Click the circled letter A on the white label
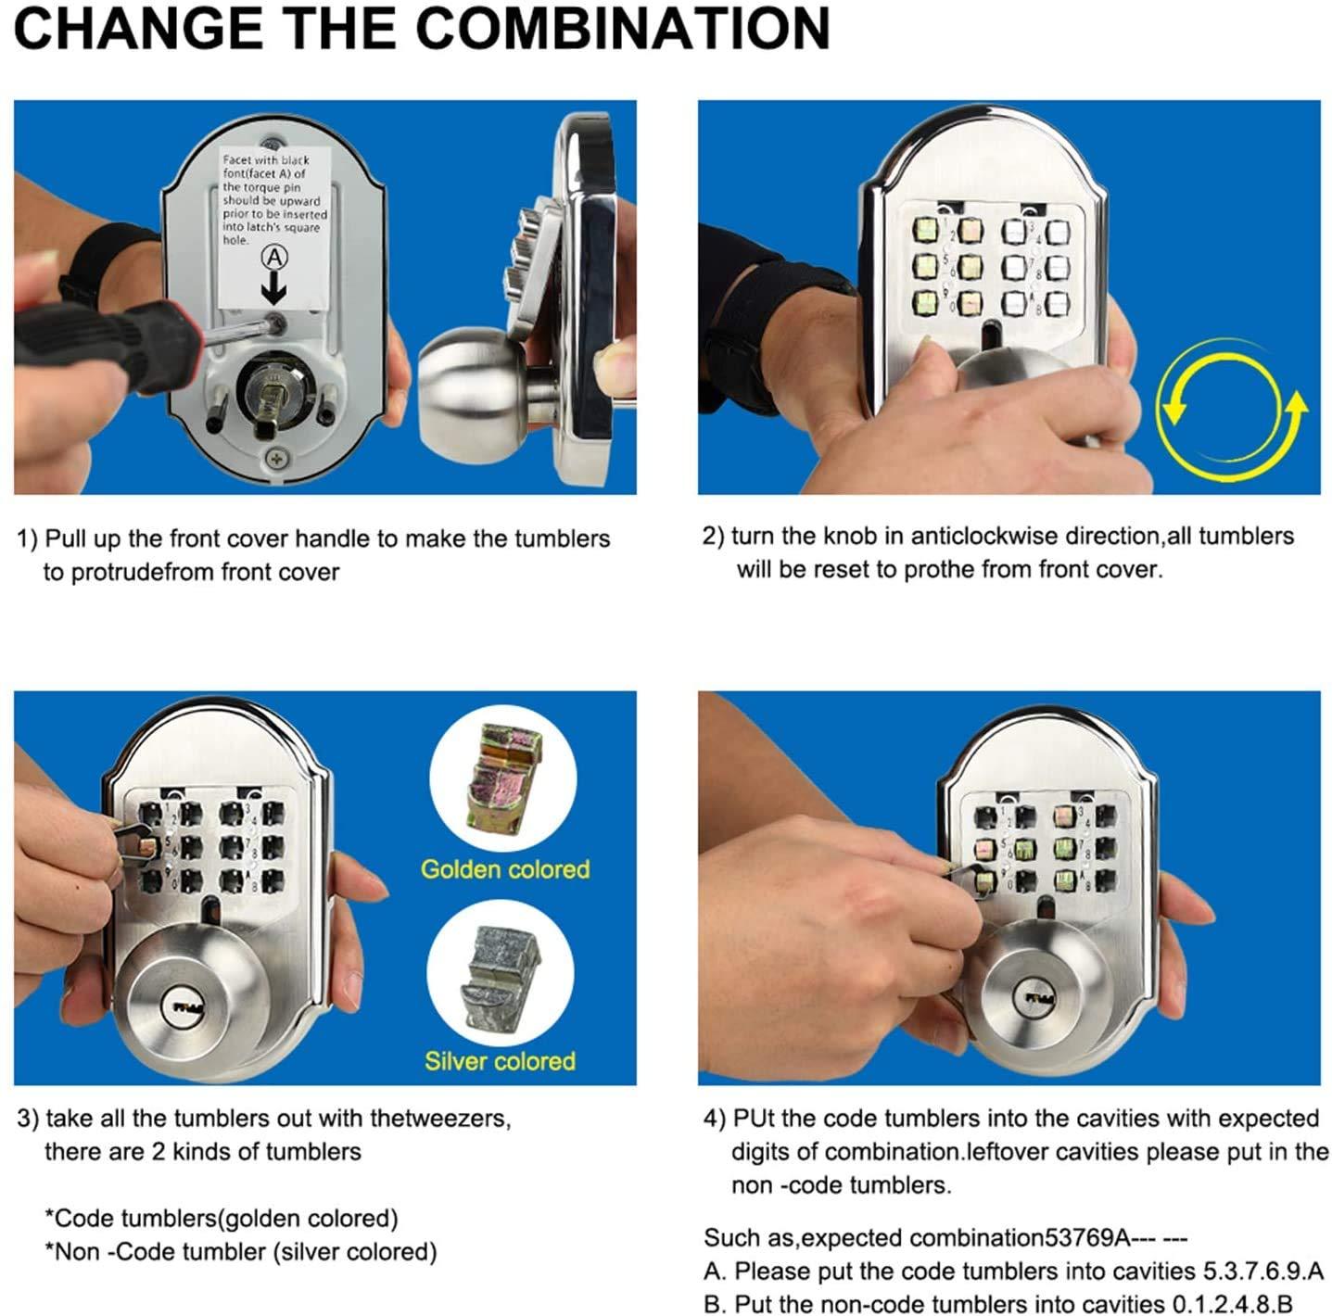pos(274,258)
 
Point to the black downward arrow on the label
pos(273,291)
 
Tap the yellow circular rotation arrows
pos(1231,410)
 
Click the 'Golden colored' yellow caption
pos(505,869)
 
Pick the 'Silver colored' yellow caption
pos(500,1061)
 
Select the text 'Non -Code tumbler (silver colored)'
pos(246,1252)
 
